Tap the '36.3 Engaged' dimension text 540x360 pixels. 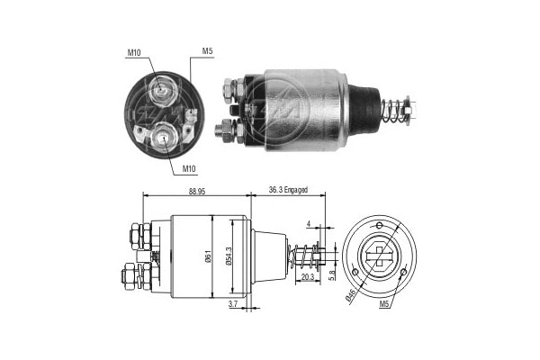click(x=289, y=190)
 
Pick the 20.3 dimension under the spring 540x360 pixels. click(x=307, y=278)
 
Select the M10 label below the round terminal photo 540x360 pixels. click(x=190, y=168)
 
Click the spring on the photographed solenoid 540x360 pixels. click(x=391, y=112)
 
